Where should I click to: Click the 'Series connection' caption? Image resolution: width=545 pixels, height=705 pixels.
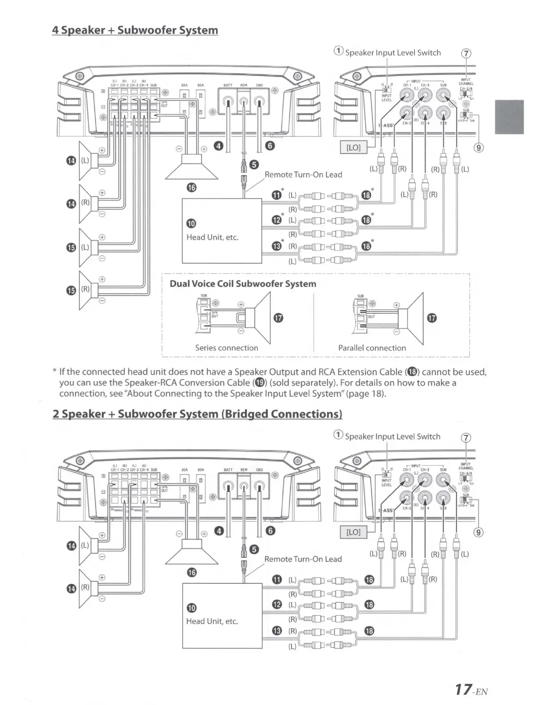coord(226,348)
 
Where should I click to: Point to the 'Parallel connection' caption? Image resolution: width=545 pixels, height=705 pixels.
coord(372,348)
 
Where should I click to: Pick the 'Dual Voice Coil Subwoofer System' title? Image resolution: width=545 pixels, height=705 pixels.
coord(243,284)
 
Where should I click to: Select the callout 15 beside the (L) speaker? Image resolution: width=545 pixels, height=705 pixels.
coord(71,248)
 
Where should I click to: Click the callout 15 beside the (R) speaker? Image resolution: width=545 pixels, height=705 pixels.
coord(71,291)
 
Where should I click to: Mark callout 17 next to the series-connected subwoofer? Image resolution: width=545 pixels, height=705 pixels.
coord(279,318)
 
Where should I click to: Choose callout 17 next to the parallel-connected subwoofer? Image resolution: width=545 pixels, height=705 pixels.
coord(431,318)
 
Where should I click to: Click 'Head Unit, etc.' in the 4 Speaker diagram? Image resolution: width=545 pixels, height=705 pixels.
coord(212,237)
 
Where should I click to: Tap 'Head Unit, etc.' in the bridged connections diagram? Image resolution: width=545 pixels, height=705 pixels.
coord(212,621)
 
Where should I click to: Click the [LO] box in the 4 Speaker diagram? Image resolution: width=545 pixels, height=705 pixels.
coord(353,147)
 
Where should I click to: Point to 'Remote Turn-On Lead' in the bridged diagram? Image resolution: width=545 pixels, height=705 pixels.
coord(303,559)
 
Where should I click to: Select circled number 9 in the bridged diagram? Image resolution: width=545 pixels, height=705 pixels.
coord(478,532)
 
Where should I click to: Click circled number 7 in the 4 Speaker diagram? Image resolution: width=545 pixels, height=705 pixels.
coord(466,53)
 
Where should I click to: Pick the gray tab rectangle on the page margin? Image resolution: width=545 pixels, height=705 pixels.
coord(509,117)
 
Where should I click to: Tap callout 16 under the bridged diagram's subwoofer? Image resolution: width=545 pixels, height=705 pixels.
coord(191,572)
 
